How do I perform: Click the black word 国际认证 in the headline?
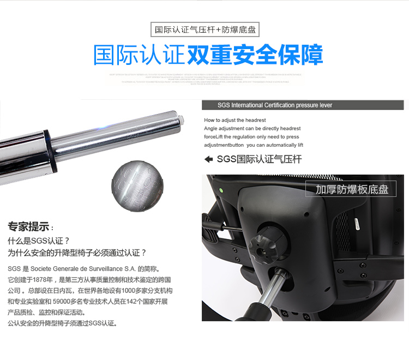pyautogui.click(x=139, y=55)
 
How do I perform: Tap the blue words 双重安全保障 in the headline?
pyautogui.click(x=255, y=55)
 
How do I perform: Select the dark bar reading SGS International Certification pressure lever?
pyautogui.click(x=303, y=105)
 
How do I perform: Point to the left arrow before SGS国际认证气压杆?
pyautogui.click(x=208, y=160)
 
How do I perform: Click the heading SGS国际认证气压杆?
pyautogui.click(x=259, y=160)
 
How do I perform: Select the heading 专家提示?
pyautogui.click(x=28, y=226)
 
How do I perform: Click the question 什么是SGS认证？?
pyautogui.click(x=39, y=241)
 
